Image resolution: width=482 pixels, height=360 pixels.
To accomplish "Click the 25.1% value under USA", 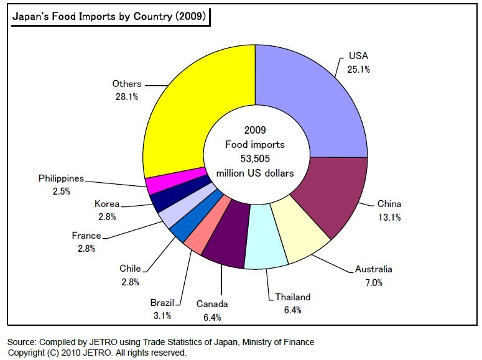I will point(358,70).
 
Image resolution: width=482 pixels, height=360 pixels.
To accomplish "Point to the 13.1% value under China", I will point(389,217).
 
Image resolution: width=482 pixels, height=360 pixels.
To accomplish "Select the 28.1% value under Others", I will point(127,96).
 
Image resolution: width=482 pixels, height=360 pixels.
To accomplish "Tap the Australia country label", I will point(373,269).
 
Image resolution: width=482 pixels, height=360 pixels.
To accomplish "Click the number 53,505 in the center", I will point(255,158).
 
